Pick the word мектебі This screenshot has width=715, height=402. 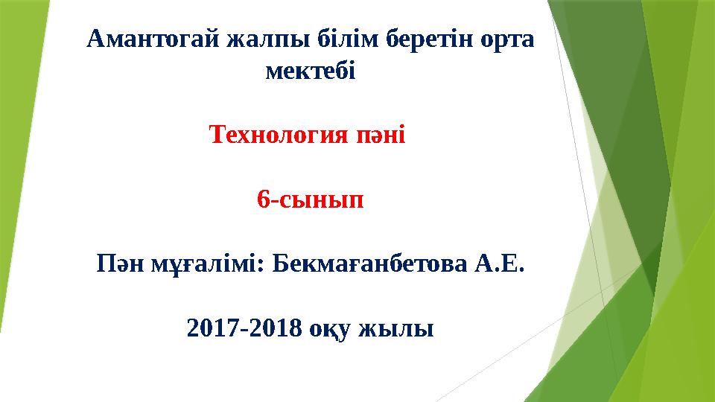pyautogui.click(x=311, y=72)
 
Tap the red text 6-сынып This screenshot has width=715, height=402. pyautogui.click(x=311, y=200)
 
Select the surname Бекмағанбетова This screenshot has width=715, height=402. pyautogui.click(x=369, y=264)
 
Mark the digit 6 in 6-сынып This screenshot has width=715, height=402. pyautogui.click(x=262, y=200)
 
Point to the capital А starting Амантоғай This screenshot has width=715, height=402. pyautogui.click(x=95, y=38)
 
